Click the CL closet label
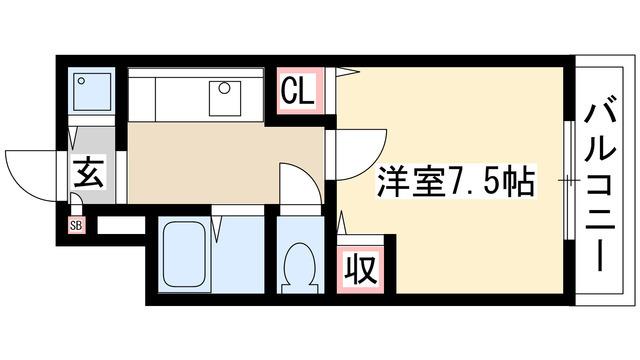(297, 93)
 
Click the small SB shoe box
(76, 225)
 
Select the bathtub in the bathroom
(184, 256)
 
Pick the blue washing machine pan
(93, 92)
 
